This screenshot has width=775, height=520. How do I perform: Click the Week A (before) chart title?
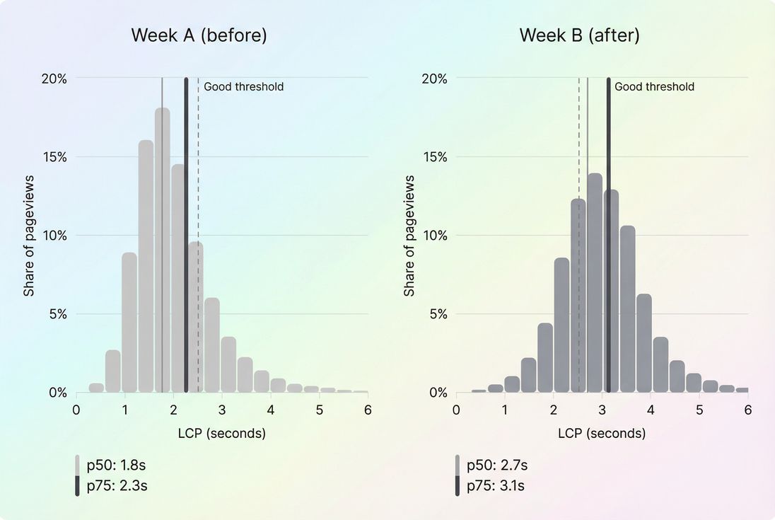click(199, 35)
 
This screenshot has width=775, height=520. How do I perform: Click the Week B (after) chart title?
click(579, 35)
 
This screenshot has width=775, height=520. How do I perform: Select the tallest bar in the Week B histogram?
click(595, 282)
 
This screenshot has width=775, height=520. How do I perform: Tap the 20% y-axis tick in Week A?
click(54, 78)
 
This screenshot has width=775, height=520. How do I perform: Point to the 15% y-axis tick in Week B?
click(433, 156)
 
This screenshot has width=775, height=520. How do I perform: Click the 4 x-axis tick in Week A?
click(271, 410)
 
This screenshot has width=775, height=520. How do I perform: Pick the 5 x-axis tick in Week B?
click(699, 410)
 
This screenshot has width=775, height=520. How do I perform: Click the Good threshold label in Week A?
click(243, 87)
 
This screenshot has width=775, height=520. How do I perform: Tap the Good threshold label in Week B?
click(654, 87)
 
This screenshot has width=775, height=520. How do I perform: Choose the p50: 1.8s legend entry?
click(117, 465)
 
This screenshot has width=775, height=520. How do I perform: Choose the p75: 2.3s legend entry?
click(117, 485)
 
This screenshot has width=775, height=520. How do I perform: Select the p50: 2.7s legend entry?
click(497, 465)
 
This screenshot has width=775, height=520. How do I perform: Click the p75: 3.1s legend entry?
click(497, 485)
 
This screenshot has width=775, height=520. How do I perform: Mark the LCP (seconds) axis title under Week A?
click(222, 433)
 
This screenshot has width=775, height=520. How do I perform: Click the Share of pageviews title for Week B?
click(409, 236)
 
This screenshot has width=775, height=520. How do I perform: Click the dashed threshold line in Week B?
click(579, 141)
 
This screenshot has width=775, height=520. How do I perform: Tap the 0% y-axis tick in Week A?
click(57, 393)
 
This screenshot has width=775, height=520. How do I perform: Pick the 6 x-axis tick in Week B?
click(748, 410)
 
